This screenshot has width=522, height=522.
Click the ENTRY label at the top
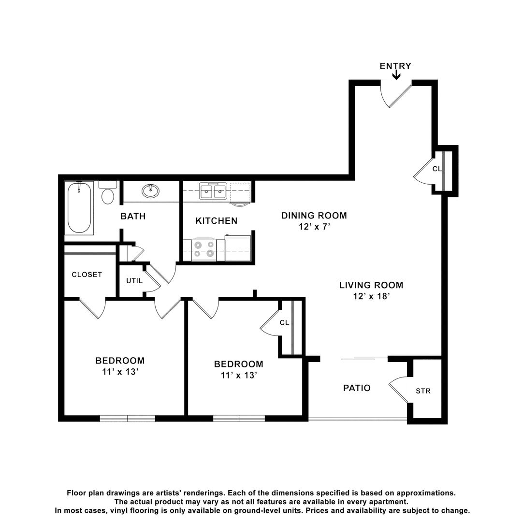point(395,66)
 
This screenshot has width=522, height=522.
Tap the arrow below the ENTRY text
point(396,75)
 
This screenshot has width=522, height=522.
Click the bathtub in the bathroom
point(79,208)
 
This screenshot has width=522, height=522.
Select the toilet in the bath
point(108,192)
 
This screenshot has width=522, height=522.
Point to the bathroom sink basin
point(150,191)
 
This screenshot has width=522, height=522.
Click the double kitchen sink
point(213,191)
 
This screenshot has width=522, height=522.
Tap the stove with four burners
point(204,249)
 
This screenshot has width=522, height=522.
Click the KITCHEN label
point(217,221)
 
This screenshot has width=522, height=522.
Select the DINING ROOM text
point(314,216)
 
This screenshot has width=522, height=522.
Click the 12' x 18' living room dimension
point(372,296)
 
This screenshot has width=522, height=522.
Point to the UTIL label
point(134,281)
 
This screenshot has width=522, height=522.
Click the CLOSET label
point(87,275)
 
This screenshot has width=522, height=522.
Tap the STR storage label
point(423,391)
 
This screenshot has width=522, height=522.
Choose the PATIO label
point(357,388)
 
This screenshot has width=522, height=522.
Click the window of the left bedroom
point(128,419)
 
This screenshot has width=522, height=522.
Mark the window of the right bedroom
point(239,419)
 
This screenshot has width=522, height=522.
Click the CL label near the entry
point(437,169)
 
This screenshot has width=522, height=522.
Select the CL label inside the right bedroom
point(284,322)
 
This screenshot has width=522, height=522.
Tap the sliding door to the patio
point(364,358)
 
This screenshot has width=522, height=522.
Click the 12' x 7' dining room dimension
point(314,226)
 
